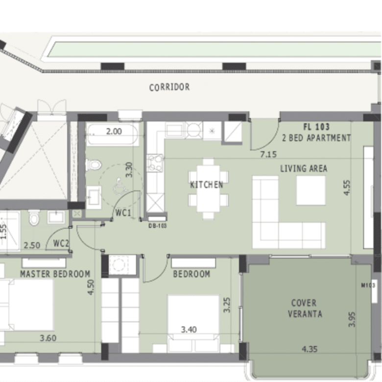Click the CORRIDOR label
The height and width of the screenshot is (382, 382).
(x=169, y=87)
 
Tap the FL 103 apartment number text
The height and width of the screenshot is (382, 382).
(x=316, y=127)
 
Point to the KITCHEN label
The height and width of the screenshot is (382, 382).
(x=206, y=185)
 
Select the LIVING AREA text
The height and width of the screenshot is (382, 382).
(x=304, y=168)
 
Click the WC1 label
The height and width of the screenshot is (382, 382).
(x=123, y=213)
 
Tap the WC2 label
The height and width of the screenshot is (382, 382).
(x=61, y=243)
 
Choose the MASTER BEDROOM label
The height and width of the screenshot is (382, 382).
(x=55, y=274)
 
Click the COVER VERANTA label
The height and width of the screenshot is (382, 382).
(x=305, y=308)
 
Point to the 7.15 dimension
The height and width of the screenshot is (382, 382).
(x=268, y=154)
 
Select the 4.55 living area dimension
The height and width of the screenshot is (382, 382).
(x=347, y=188)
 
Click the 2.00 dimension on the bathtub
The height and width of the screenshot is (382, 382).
(x=114, y=131)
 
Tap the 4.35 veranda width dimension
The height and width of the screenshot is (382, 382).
(x=310, y=349)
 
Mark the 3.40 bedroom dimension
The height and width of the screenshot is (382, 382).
(x=189, y=330)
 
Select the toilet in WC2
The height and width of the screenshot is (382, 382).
(x=34, y=217)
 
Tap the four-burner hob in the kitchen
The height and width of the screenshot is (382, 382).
(x=155, y=163)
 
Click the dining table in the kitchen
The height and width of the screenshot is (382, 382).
(x=208, y=189)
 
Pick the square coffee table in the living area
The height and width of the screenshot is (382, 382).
(x=311, y=191)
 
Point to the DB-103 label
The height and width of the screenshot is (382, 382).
(x=158, y=226)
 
